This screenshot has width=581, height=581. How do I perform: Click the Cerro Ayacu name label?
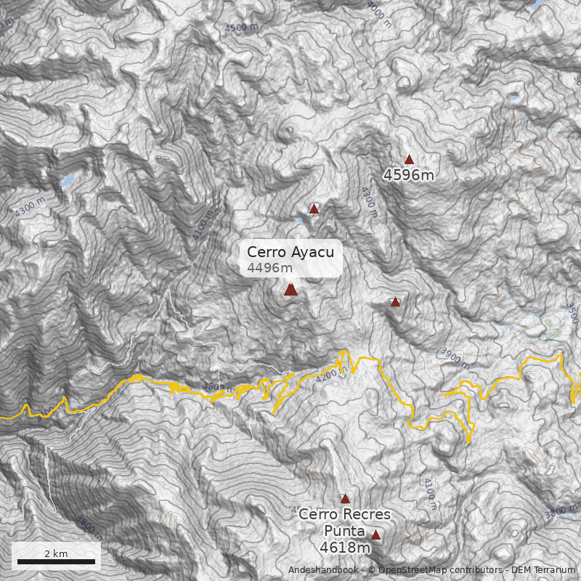(x=290, y=252)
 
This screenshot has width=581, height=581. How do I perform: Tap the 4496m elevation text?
(x=269, y=268)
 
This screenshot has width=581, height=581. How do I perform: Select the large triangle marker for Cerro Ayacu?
(x=290, y=290)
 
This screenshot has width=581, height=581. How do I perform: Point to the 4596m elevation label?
(x=409, y=175)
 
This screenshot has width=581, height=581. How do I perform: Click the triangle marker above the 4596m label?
(x=409, y=160)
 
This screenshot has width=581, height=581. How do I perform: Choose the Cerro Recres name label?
(x=344, y=514)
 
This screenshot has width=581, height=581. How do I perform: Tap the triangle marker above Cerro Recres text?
(x=345, y=499)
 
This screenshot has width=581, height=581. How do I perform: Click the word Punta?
(x=344, y=530)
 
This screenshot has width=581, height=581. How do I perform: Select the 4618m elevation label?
(x=345, y=547)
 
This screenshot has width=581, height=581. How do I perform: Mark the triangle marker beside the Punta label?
(x=375, y=535)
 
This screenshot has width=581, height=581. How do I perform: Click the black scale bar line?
(x=56, y=561)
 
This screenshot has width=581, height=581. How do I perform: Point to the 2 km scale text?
(x=56, y=553)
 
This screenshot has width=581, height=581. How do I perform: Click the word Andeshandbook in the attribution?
(x=323, y=570)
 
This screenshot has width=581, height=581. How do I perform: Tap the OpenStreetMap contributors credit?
(x=435, y=570)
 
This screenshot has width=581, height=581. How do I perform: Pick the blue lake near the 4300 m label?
(x=67, y=180)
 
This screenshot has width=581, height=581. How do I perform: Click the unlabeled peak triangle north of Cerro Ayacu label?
(x=314, y=209)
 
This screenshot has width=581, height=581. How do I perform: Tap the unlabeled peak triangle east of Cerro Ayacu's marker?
(x=395, y=301)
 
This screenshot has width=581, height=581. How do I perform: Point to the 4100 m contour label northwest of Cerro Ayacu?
(x=204, y=226)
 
